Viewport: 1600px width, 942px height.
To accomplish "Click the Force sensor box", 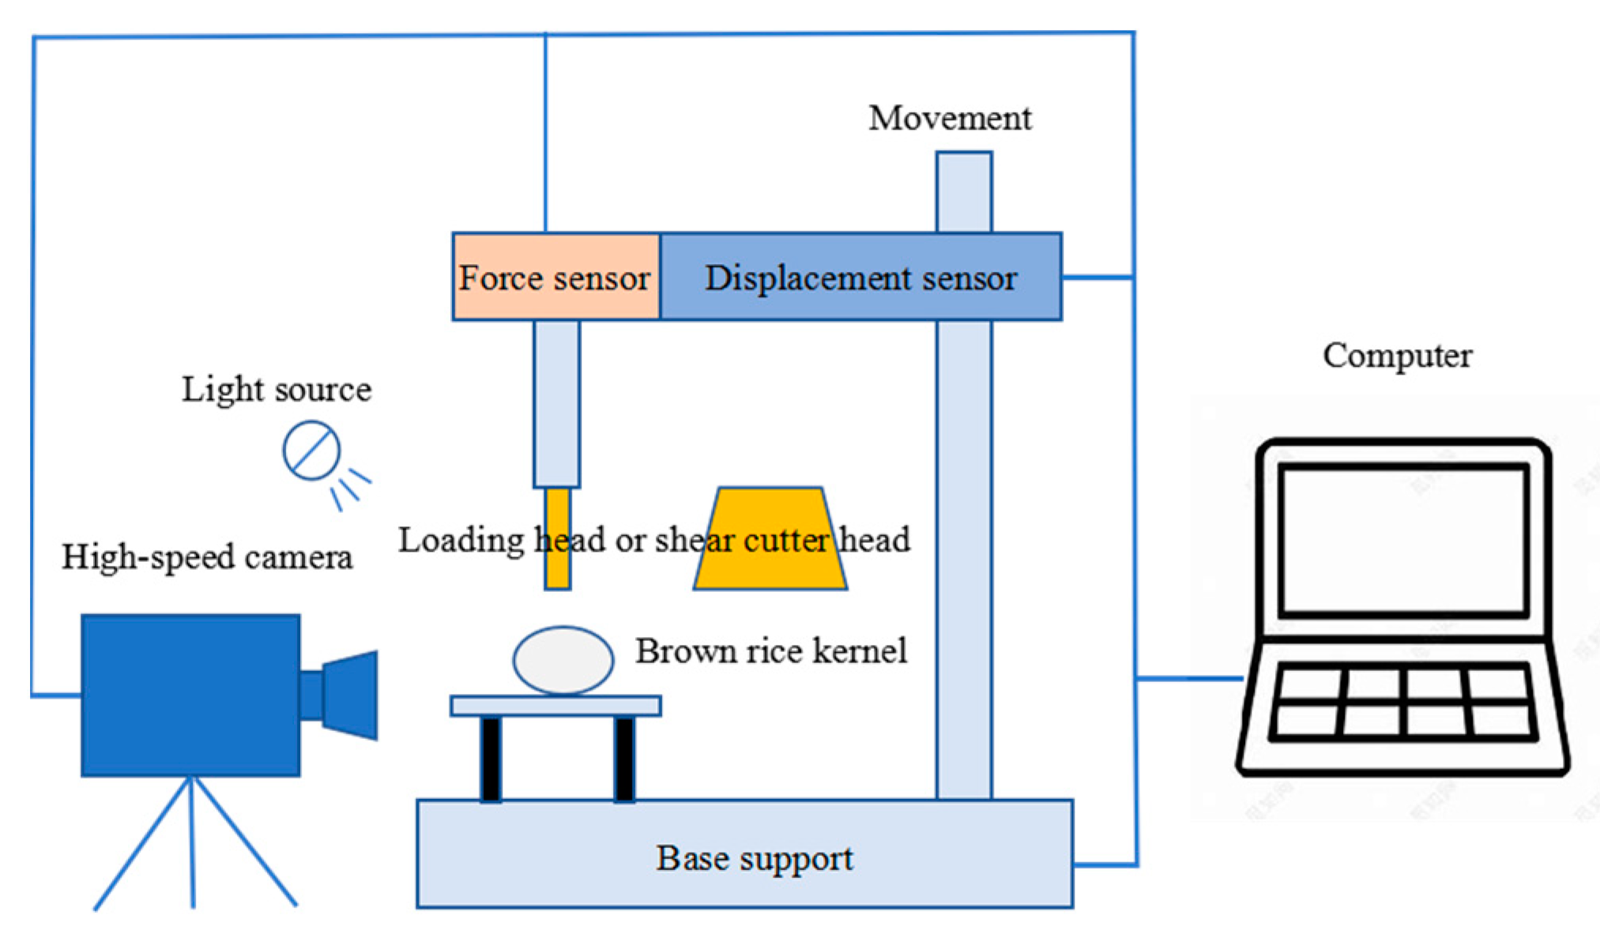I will point(555,277).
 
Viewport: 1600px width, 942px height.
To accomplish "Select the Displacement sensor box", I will point(860,277).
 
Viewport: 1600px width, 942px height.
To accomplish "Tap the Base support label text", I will point(755,858).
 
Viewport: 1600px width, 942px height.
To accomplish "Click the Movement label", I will point(950,119).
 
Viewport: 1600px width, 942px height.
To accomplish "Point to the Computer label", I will point(1397,356).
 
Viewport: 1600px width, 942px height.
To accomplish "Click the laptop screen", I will point(1403,540).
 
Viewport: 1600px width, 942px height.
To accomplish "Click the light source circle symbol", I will point(311,450).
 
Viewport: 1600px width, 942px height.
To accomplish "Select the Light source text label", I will point(277,390).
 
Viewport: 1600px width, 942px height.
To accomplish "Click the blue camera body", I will point(190,695).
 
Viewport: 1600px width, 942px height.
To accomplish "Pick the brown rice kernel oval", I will point(563,661).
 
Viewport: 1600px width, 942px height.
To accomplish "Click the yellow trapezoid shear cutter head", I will point(770,565).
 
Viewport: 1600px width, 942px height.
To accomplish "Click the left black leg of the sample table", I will point(491,759).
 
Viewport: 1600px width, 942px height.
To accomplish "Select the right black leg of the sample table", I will point(624,759).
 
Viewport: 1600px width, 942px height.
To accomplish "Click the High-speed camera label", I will point(207,557).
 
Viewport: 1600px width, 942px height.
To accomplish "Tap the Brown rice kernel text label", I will point(771,651).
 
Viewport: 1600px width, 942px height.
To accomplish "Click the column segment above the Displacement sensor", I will point(964,192).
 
